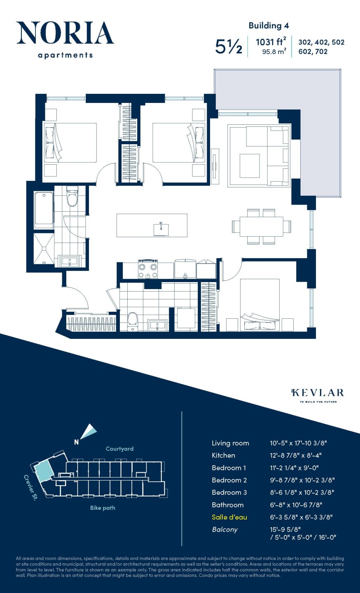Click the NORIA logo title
[65, 33]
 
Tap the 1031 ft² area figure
[271, 42]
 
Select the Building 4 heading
[269, 26]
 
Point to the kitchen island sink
[161, 229]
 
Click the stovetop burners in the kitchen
[148, 270]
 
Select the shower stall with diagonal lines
[44, 249]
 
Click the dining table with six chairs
[261, 226]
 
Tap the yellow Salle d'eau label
[229, 517]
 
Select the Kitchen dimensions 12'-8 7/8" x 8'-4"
[295, 455]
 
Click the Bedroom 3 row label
[229, 493]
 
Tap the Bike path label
[103, 508]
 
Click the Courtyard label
[119, 449]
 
